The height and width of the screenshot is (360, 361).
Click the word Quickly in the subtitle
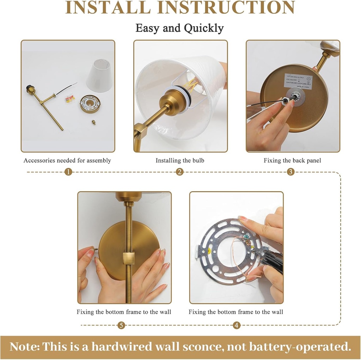204,28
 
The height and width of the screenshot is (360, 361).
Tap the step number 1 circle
69,172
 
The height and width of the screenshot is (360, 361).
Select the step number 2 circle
180,172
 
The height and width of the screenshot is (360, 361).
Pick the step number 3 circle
290,172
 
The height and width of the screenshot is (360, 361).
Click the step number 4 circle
237,325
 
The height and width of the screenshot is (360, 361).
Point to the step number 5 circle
121,325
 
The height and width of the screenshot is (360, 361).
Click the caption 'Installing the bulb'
180,160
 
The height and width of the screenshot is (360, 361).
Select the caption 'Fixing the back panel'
292,160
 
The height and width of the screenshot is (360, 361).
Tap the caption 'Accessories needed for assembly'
67,160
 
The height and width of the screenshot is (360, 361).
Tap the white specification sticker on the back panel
298,81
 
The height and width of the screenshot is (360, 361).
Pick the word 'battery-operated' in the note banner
304,347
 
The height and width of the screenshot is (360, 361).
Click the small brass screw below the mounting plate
94,123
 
